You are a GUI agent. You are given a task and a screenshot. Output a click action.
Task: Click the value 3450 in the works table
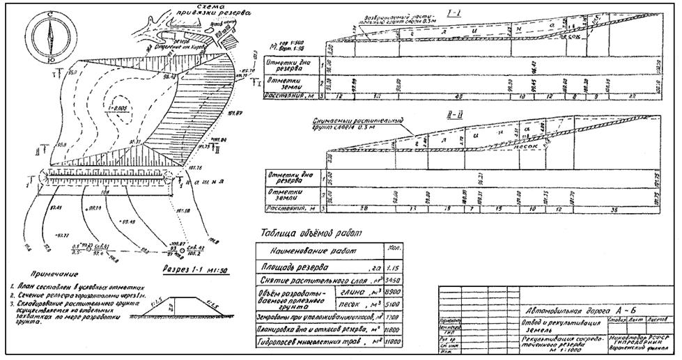[392, 280]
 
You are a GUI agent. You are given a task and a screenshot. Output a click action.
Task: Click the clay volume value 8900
[392, 294]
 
